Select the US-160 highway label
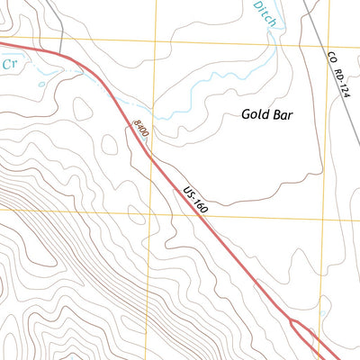click(x=195, y=200)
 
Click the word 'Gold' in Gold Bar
click(x=256, y=114)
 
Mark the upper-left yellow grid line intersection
click(x=155, y=40)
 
